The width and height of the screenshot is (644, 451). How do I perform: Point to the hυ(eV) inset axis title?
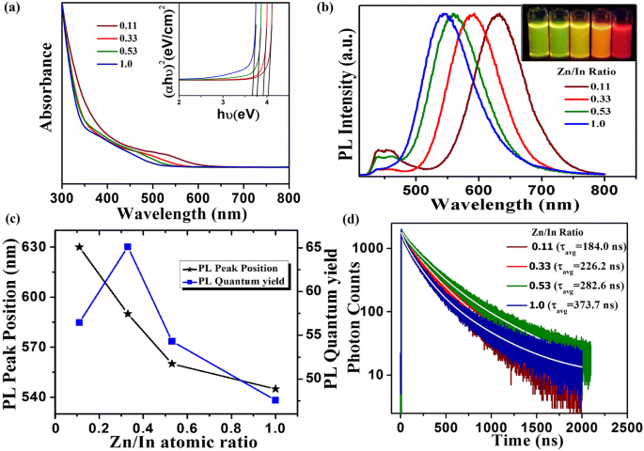coord(223,115)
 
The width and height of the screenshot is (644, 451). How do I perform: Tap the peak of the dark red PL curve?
coord(593,15)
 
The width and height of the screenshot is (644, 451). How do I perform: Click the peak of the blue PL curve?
coord(514,15)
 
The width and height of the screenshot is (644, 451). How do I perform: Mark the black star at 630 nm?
coord(79,246)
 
